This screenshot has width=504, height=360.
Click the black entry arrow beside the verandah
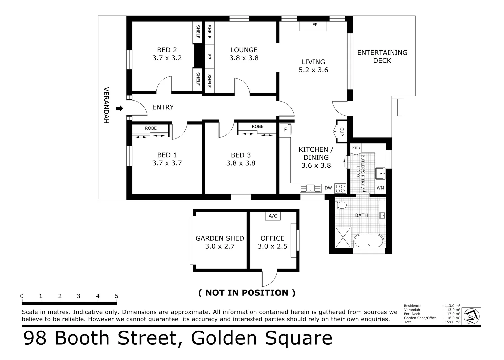click(119, 108)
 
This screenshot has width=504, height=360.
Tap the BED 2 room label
click(167, 50)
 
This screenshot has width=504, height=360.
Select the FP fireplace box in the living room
click(313, 26)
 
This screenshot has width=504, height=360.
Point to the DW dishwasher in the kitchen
click(328, 188)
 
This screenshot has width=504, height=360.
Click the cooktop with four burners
click(340, 188)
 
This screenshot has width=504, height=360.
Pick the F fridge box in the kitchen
click(285, 130)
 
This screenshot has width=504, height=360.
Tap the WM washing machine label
click(380, 188)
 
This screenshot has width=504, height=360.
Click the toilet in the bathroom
click(341, 205)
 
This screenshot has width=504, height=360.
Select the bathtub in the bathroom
click(369, 241)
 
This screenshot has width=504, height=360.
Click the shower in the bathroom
click(343, 237)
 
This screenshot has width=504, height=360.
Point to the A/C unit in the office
click(273, 216)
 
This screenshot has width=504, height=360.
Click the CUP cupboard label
click(342, 132)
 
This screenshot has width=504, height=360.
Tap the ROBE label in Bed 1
click(151, 128)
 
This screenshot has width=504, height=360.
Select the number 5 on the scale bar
click(116, 296)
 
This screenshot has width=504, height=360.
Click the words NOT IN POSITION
click(247, 293)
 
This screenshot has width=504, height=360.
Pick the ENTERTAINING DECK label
click(382, 57)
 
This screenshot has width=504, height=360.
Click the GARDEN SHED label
click(220, 238)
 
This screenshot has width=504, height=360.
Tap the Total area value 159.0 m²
click(452, 322)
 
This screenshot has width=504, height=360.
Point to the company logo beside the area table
click(472, 316)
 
